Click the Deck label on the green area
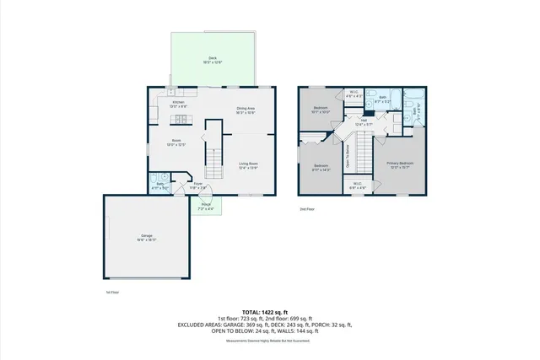pyautogui.click(x=207, y=60)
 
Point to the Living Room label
pyautogui.click(x=247, y=165)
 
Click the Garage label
pyautogui.click(x=146, y=238)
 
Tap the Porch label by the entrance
pyautogui.click(x=206, y=206)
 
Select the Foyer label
pyautogui.click(x=198, y=185)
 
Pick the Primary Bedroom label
pyautogui.click(x=400, y=164)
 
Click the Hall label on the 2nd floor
pyautogui.click(x=364, y=123)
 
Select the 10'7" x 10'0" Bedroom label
pyautogui.click(x=321, y=110)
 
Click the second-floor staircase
pyautogui.click(x=364, y=153)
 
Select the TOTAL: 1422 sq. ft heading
pyautogui.click(x=269, y=312)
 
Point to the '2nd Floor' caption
pyautogui.click(x=307, y=208)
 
